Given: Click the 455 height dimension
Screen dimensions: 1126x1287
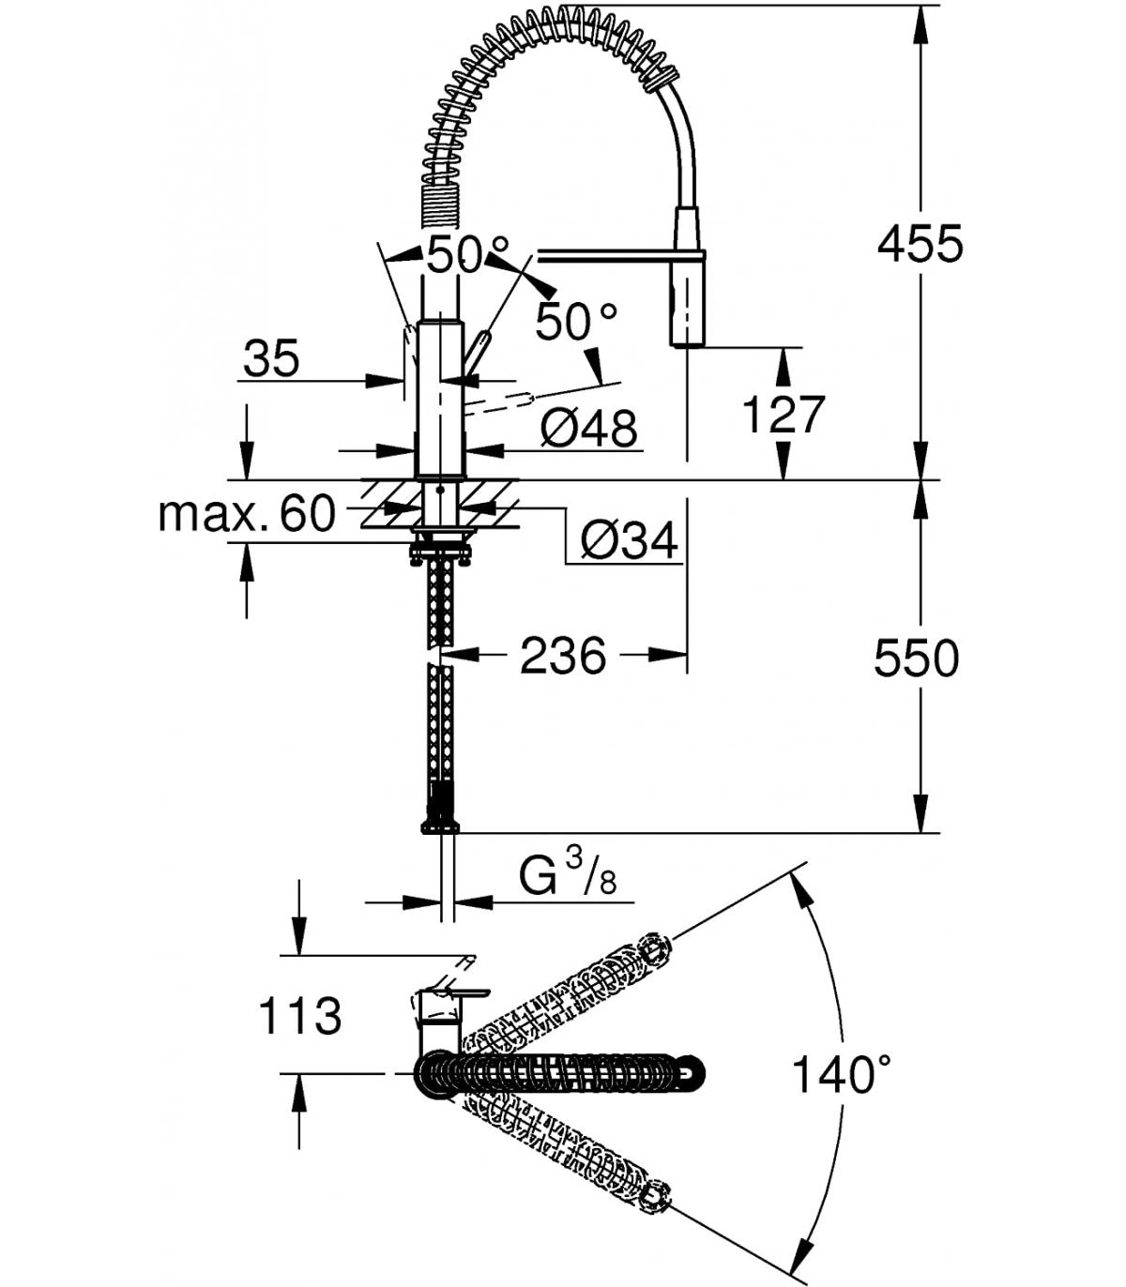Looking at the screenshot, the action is tap(920, 244).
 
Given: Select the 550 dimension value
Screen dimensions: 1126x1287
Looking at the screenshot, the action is tap(917, 658).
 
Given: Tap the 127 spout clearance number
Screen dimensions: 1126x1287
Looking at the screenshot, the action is tap(784, 414).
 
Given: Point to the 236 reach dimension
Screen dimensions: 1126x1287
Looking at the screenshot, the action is tap(563, 655).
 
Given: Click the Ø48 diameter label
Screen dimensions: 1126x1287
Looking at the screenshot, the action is tap(588, 428).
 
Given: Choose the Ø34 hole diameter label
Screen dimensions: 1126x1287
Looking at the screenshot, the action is tap(630, 539).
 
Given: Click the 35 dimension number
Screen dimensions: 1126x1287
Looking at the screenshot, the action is tap(272, 358).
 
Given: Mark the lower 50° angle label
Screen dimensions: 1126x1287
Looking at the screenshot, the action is tap(576, 321).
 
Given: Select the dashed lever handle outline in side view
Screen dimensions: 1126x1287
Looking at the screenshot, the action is tap(498, 404).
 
